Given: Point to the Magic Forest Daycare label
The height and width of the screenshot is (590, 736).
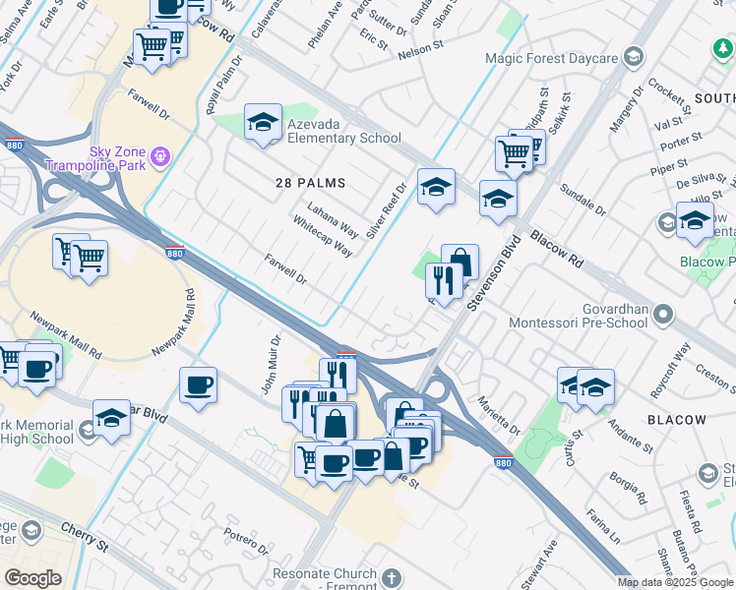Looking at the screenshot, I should (551, 58).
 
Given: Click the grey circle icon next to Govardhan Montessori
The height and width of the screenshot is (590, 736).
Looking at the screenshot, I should (663, 315).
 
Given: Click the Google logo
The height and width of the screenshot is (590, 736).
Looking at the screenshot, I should (33, 578).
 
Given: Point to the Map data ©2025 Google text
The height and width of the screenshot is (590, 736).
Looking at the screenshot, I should (675, 582).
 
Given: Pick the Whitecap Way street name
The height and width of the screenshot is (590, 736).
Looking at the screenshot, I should (322, 236).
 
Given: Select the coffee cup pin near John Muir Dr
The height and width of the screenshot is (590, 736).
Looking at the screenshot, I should (198, 384).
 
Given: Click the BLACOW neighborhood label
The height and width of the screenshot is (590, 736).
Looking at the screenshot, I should (677, 419).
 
